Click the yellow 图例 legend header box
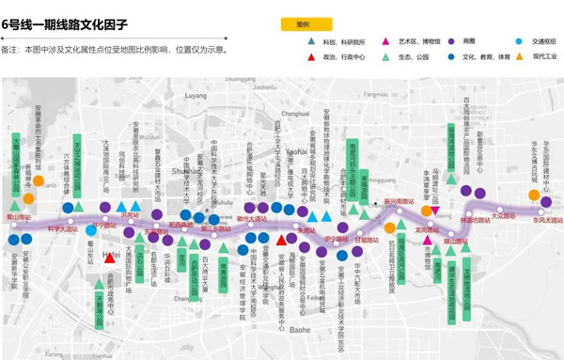303,24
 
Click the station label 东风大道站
547,220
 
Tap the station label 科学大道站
62,228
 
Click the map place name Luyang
196,96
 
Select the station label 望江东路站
215,228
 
